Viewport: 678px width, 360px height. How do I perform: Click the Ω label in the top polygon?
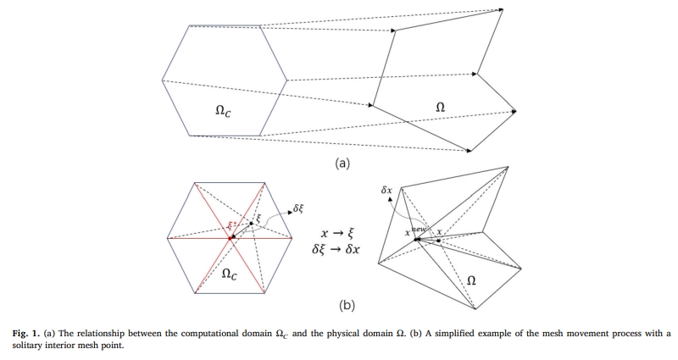click(x=440, y=107)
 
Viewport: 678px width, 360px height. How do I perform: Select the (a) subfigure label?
click(x=342, y=163)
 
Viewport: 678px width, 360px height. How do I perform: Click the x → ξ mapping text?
click(x=336, y=232)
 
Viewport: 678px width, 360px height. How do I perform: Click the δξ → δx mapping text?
click(x=336, y=249)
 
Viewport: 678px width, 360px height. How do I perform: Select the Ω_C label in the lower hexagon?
click(x=229, y=274)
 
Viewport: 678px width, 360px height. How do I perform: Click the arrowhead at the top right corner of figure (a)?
click(x=501, y=11)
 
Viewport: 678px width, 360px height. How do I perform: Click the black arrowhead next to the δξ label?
click(x=291, y=208)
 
